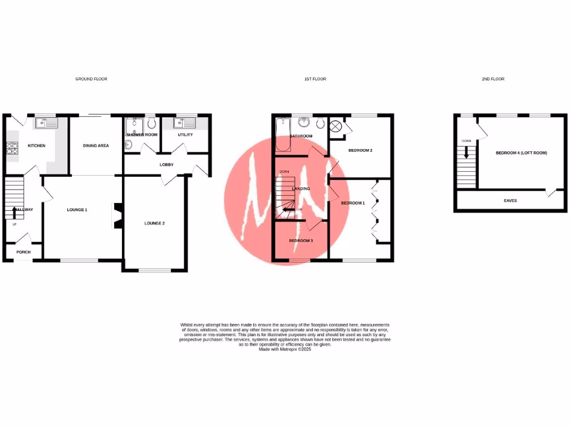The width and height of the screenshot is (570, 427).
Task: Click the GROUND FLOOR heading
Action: pos(91,79)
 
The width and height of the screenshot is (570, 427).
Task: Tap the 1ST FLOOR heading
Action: pos(315,79)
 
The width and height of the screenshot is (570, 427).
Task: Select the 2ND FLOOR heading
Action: pos(493,79)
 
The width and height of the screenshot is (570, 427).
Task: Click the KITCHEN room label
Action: pos(37,146)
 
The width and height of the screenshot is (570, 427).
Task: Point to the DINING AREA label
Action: pos(96,146)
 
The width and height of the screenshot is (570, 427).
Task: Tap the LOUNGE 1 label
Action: pos(77,210)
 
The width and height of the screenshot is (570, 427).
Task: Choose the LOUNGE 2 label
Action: pos(155,223)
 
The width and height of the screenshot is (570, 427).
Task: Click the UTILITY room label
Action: pos(185,135)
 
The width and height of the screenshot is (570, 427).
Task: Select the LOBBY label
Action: pos(167,165)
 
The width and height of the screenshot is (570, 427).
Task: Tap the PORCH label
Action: pos(23,252)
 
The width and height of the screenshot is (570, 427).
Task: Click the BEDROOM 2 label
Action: pos(360,150)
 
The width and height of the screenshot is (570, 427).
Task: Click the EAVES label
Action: pos(510,200)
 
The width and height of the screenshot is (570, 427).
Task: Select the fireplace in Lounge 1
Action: pos(117,215)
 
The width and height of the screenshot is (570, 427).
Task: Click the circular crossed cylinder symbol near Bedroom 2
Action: pos(336,126)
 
